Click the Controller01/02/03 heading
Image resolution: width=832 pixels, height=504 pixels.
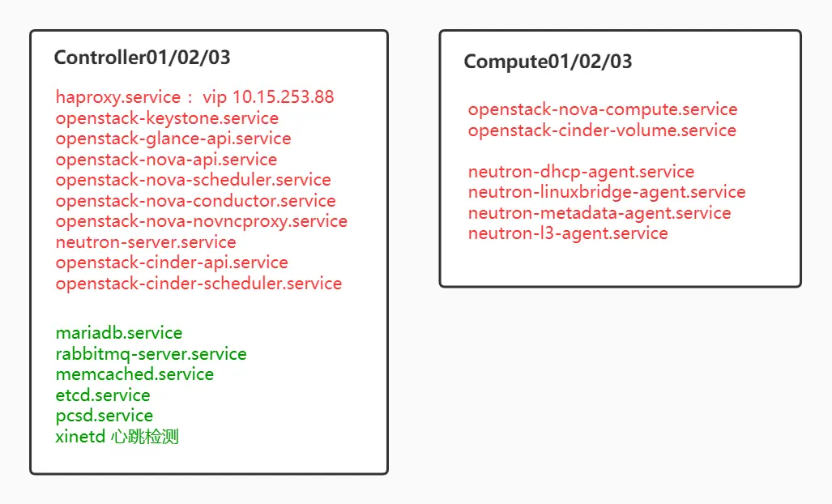(x=142, y=58)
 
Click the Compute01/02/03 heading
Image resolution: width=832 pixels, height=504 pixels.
(x=548, y=62)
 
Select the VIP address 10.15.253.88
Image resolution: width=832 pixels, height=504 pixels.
(x=283, y=97)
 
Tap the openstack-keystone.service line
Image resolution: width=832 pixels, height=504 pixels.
(x=167, y=118)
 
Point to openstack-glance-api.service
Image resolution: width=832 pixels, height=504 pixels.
(x=173, y=139)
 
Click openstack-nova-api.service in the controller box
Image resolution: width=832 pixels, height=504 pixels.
(x=166, y=160)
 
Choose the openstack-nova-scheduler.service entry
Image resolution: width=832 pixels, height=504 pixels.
(x=193, y=180)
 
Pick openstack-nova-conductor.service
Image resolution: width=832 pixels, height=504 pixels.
(x=195, y=201)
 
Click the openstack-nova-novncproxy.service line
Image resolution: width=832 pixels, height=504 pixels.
(x=201, y=221)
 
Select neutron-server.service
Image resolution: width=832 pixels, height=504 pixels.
(x=146, y=242)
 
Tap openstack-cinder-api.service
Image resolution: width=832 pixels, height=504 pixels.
(x=172, y=263)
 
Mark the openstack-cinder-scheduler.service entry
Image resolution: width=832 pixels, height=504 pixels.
(x=198, y=284)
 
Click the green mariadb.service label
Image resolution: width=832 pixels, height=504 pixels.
(x=119, y=333)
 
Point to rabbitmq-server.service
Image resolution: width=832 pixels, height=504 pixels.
(x=151, y=354)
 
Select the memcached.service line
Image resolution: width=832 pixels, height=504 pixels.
(x=134, y=374)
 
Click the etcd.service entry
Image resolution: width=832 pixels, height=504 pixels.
(x=103, y=395)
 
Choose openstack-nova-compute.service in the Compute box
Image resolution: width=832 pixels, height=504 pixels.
(x=603, y=109)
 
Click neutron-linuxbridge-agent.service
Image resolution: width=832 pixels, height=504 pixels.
(x=607, y=192)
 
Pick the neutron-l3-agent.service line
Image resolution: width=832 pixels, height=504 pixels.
(x=568, y=233)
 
